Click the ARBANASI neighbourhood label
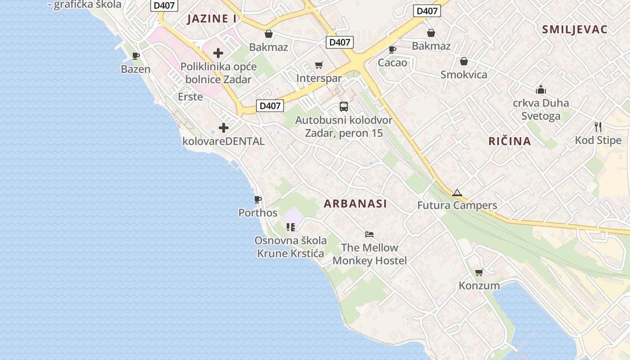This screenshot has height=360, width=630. coord(355,203)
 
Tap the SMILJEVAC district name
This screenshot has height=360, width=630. coord(575,30)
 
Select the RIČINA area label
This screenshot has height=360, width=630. coord(509,141)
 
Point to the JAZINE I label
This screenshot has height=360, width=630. coord(211,19)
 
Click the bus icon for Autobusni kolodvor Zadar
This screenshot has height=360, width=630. coord(344,107)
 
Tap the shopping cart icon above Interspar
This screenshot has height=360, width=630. coord(319,65)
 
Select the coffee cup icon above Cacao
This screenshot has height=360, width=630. coord(392,49)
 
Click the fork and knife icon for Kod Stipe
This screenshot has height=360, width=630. coord(598,126)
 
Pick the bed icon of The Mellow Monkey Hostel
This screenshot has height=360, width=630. coord(369,234)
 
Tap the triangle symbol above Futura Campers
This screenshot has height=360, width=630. coord(457,193)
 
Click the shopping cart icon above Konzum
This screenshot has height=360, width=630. coord(479,272)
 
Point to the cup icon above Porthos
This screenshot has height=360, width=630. coord(258,199)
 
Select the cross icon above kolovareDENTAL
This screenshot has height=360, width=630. coord(224,128)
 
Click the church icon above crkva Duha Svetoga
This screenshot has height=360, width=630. coord(541,90)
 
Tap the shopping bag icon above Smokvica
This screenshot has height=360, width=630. coord(464,61)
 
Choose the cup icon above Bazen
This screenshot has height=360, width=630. coord(136,56)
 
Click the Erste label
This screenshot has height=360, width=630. coord(190,97)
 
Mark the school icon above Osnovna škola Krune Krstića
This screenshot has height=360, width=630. coord(291,227)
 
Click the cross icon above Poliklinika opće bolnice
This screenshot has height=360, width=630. coord(218,53)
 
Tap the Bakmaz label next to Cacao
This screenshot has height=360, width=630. coord(431,46)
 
